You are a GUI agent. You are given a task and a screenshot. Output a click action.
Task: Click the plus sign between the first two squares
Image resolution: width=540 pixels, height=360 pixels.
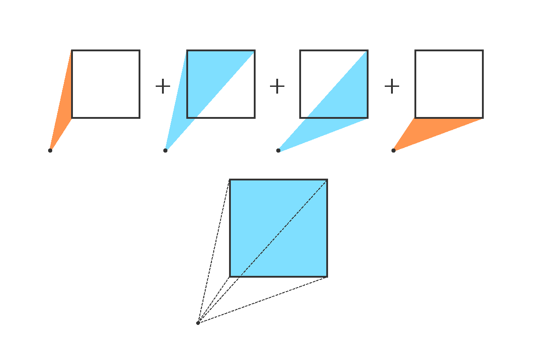tap(163, 86)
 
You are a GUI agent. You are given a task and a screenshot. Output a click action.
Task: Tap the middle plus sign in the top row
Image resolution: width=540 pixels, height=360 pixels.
tap(277, 86)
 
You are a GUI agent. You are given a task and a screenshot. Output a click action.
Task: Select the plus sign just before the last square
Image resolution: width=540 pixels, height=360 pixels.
tap(392, 86)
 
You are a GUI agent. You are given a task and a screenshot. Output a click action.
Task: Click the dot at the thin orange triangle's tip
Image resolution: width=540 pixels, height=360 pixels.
tap(50, 150)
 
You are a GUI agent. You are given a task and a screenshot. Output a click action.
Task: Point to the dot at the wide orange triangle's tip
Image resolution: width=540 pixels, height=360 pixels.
tap(393, 150)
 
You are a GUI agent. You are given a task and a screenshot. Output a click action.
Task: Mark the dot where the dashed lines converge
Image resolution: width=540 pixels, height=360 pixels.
tap(198, 323)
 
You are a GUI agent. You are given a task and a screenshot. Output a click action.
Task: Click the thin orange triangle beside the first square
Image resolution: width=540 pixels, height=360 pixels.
tap(64, 108)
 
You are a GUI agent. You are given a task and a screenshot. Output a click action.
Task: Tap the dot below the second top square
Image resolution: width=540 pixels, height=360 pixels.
tap(165, 150)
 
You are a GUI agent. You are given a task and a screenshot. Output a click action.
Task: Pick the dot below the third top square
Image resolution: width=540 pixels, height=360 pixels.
tap(278, 150)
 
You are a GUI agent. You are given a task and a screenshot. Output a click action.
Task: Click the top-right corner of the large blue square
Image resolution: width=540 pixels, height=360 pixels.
tap(327, 180)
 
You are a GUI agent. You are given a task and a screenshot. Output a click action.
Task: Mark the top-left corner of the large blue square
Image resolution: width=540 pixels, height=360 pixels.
tap(230, 180)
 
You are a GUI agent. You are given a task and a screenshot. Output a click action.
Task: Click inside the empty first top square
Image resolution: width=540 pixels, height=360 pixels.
tap(106, 84)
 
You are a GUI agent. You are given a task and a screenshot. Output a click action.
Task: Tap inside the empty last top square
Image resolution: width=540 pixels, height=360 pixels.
tap(449, 84)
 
